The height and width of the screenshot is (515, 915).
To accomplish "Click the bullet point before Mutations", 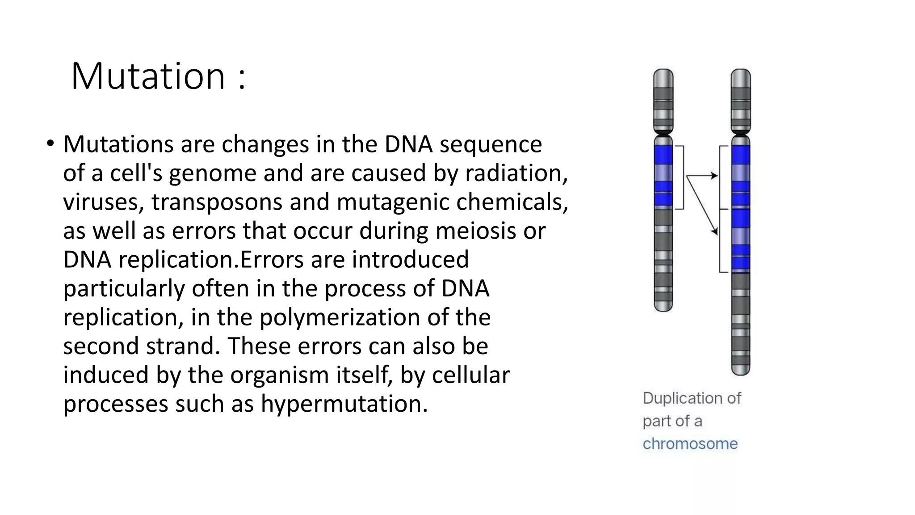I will (50, 144).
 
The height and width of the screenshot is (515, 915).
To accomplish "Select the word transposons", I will (216, 202).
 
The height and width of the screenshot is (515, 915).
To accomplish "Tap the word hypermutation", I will (344, 403).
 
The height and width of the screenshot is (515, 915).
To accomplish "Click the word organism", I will (279, 375).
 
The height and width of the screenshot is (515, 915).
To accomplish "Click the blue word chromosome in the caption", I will (690, 444).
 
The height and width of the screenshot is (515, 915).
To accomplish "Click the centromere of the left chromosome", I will (663, 133).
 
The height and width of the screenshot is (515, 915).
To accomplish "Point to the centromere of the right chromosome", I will (740, 133).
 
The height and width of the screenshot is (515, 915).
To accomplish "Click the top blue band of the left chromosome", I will (663, 155).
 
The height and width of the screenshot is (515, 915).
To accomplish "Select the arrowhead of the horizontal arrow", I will (716, 176).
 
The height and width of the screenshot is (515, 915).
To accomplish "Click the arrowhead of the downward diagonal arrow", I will (715, 232).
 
